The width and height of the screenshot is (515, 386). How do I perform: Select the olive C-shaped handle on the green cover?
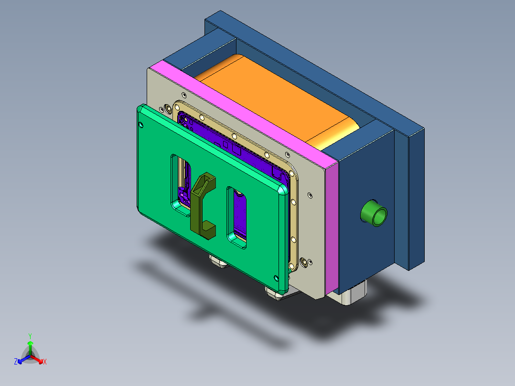[203, 205]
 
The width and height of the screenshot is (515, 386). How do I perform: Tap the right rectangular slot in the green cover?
[237, 217]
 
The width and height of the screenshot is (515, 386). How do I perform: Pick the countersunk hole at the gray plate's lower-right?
[304, 262]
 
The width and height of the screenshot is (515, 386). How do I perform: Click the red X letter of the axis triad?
[45, 362]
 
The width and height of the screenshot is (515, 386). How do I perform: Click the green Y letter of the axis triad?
[30, 336]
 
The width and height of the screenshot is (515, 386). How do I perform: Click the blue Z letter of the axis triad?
[16, 362]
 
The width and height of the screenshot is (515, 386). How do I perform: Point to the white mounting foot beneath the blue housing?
[354, 294]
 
